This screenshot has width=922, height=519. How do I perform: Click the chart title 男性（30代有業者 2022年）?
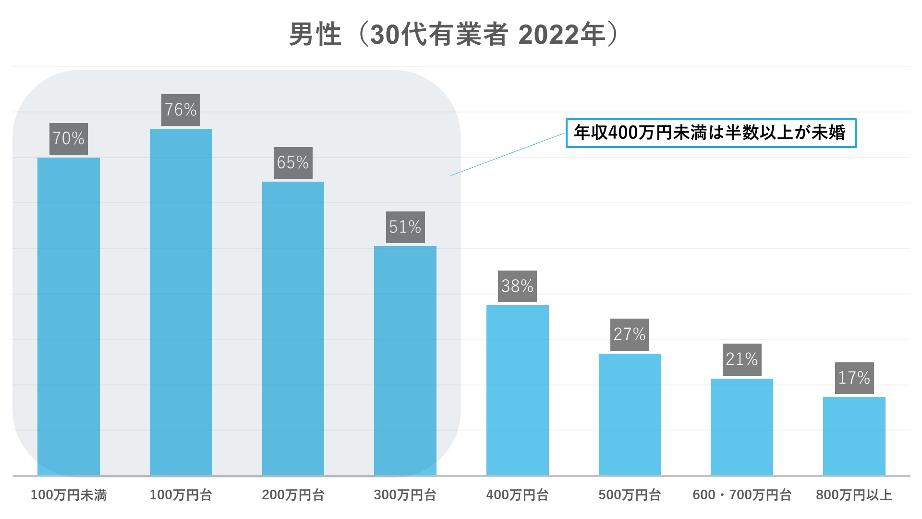tap(453, 35)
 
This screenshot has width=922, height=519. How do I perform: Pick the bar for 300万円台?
tap(405, 360)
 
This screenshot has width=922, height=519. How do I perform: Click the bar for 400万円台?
tap(517, 390)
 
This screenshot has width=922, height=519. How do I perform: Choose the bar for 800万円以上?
tap(854, 436)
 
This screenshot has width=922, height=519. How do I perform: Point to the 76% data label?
tap(181, 110)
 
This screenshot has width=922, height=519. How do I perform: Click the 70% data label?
tap(69, 139)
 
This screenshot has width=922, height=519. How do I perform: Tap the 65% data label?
tap(293, 163)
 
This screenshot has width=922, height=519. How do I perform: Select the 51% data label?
tap(405, 227)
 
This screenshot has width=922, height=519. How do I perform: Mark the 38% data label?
tap(517, 286)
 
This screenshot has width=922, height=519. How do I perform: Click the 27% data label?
tap(630, 334)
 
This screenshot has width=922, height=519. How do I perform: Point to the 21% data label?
tap(742, 359)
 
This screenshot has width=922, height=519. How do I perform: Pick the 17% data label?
tap(854, 378)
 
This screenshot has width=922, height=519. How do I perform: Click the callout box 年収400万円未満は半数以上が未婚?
tap(711, 133)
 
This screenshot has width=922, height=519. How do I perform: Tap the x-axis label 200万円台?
tap(293, 495)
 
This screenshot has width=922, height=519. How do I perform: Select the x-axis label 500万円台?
tap(630, 495)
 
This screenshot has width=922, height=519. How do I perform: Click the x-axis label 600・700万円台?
tap(742, 495)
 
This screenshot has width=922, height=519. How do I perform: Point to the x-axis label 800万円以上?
tap(854, 495)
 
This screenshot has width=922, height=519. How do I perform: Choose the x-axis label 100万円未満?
tap(69, 495)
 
